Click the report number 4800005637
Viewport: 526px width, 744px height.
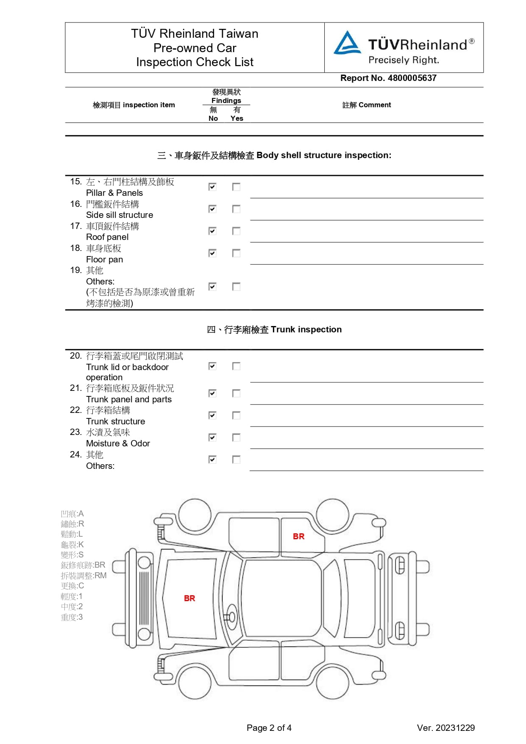(412, 78)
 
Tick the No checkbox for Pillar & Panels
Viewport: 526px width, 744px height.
(212, 187)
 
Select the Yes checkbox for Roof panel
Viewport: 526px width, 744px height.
(237, 231)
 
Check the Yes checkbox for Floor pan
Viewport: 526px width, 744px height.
(237, 253)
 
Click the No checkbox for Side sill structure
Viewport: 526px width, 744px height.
(212, 209)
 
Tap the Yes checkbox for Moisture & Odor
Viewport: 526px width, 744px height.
(237, 437)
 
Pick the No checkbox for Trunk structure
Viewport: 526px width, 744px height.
(212, 415)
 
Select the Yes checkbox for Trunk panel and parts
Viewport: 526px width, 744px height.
(237, 393)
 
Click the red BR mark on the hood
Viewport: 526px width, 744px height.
(189, 598)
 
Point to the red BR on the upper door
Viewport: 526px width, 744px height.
(298, 536)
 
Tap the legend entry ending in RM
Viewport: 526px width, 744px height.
(83, 575)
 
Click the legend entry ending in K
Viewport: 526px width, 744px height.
(72, 544)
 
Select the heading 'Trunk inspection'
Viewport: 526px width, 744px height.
(306, 329)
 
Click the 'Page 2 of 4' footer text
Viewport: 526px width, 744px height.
(269, 728)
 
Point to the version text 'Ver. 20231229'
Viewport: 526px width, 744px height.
(445, 728)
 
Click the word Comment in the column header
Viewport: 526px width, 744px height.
(375, 105)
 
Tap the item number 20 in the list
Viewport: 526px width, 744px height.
(75, 356)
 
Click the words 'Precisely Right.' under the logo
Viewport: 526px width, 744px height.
(404, 60)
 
